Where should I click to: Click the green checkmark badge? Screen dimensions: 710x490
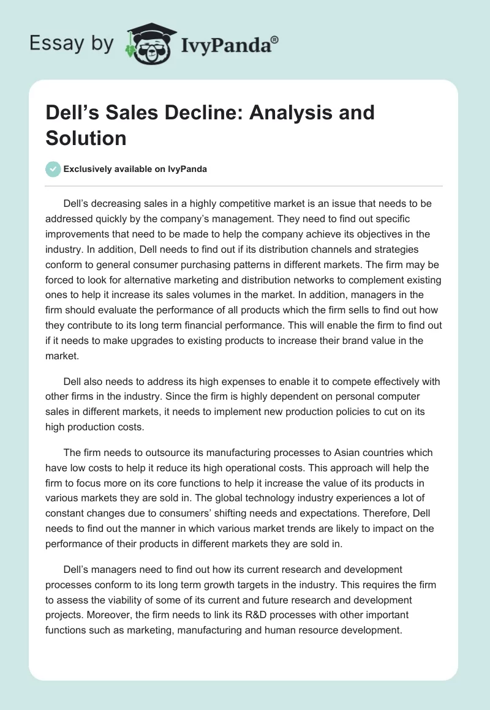(x=53, y=169)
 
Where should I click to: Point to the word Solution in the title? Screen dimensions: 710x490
(x=86, y=138)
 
